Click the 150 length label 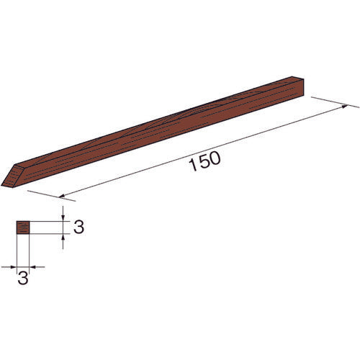pos(204,161)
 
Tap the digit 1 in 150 pos(193,165)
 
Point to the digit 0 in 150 pos(215,158)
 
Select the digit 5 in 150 pos(204,162)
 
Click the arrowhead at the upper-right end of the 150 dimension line pos(344,107)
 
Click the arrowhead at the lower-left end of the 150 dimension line pos(62,196)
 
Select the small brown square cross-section pos(23,228)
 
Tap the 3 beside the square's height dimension pos(78,227)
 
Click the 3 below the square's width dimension pos(23,279)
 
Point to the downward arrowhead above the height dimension pos(63,217)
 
